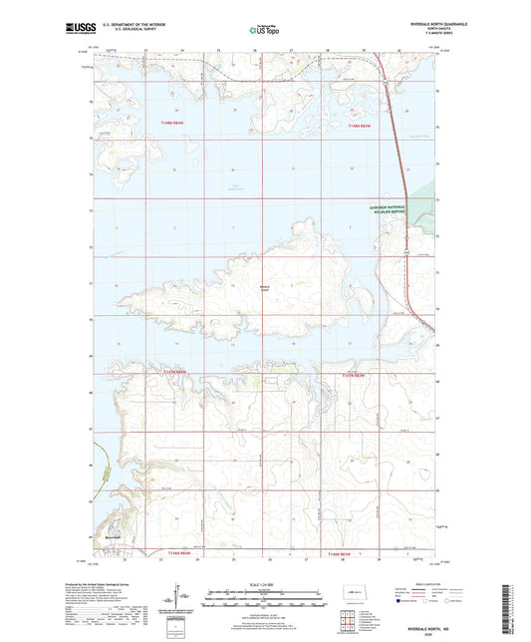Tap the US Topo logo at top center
coord(264,31)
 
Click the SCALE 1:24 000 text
coord(264,584)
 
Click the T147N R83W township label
coord(356,374)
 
